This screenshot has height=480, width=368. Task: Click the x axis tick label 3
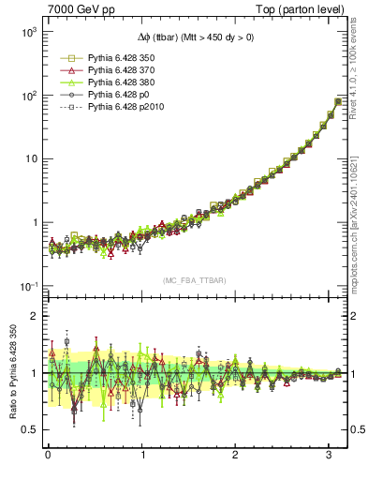(329, 457)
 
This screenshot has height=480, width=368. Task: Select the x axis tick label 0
(48, 457)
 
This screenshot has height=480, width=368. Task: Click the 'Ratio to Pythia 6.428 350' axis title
(10, 375)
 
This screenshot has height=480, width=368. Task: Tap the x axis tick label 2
(235, 457)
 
